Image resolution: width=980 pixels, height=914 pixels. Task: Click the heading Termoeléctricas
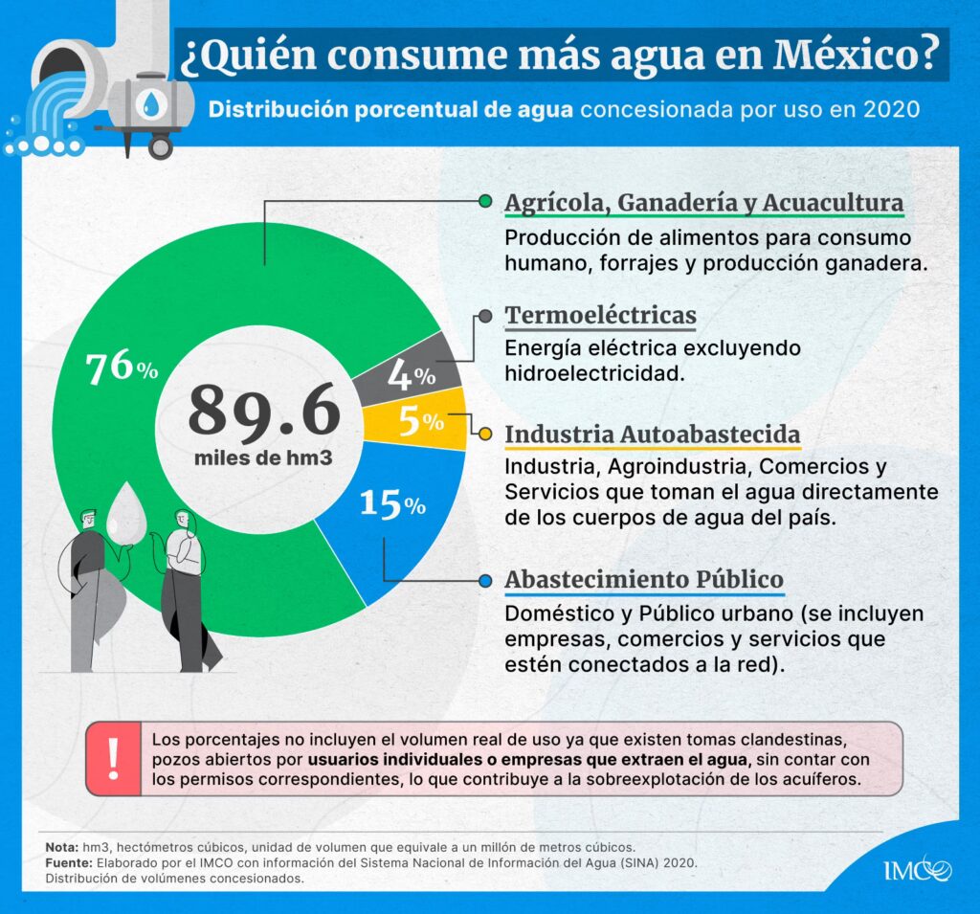600,315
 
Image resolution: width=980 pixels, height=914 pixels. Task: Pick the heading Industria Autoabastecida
653,435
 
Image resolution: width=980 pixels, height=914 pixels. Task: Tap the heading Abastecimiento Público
644,580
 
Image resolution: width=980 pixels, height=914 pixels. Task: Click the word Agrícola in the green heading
556,203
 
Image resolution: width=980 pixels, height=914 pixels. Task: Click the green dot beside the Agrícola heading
485,202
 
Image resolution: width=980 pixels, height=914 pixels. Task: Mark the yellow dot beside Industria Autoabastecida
485,435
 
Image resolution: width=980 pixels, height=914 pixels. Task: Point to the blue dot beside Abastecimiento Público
485,581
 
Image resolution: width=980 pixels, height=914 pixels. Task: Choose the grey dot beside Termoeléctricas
485,316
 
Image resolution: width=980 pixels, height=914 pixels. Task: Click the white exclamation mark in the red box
114,758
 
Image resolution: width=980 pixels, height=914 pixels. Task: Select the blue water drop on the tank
150,101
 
